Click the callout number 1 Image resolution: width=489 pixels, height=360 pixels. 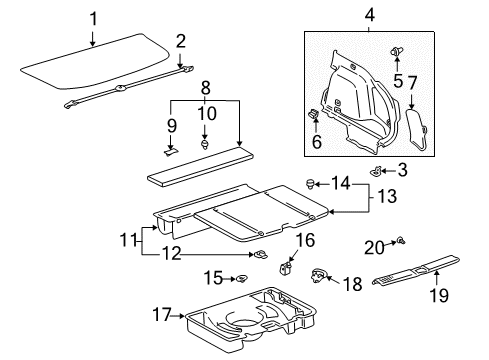coord(92,17)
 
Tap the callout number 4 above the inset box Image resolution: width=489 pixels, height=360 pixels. coord(369,16)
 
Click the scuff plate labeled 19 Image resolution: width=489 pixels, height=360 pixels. coord(420,272)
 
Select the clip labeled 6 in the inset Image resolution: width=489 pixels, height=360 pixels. coord(315,116)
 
